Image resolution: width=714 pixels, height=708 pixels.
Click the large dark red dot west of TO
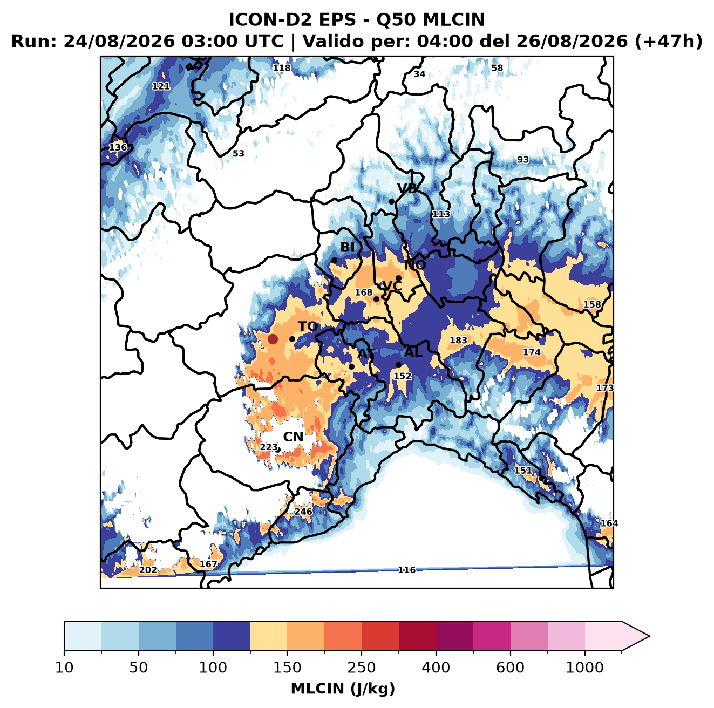273,339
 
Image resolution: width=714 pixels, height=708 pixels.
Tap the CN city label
293,437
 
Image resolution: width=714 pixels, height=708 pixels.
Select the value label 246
303,512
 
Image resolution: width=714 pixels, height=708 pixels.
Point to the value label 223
268,447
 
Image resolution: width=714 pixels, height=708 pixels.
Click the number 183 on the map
458,340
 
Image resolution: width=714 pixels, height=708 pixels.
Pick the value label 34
419,74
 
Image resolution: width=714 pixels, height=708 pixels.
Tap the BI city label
348,247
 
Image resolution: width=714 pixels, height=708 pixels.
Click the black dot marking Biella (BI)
334,261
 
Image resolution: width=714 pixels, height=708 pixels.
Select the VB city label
407,188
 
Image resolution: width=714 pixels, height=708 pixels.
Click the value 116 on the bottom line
406,570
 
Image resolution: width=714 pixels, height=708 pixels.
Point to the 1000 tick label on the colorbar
584,668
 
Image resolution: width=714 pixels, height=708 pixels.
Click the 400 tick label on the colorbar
436,668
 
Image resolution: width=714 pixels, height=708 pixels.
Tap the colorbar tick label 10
64,668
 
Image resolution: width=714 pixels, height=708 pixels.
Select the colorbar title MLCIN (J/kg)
343,689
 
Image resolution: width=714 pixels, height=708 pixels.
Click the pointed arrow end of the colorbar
649,636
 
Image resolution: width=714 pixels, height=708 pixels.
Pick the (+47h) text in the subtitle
669,42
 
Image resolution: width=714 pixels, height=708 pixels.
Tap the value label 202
148,570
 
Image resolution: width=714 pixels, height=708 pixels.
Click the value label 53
238,153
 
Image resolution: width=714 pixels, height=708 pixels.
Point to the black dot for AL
398,365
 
